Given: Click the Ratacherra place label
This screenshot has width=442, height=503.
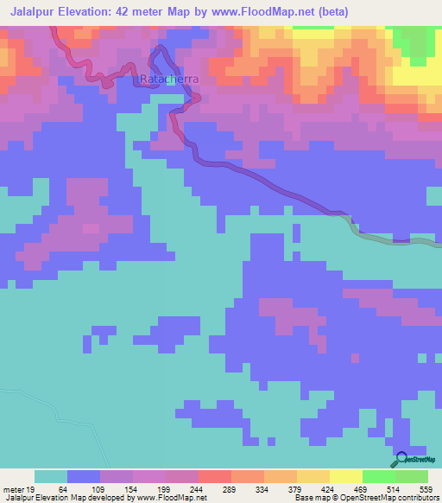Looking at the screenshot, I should click(x=169, y=79).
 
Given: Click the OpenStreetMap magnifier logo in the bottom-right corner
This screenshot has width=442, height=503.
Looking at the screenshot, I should click(x=401, y=458).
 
